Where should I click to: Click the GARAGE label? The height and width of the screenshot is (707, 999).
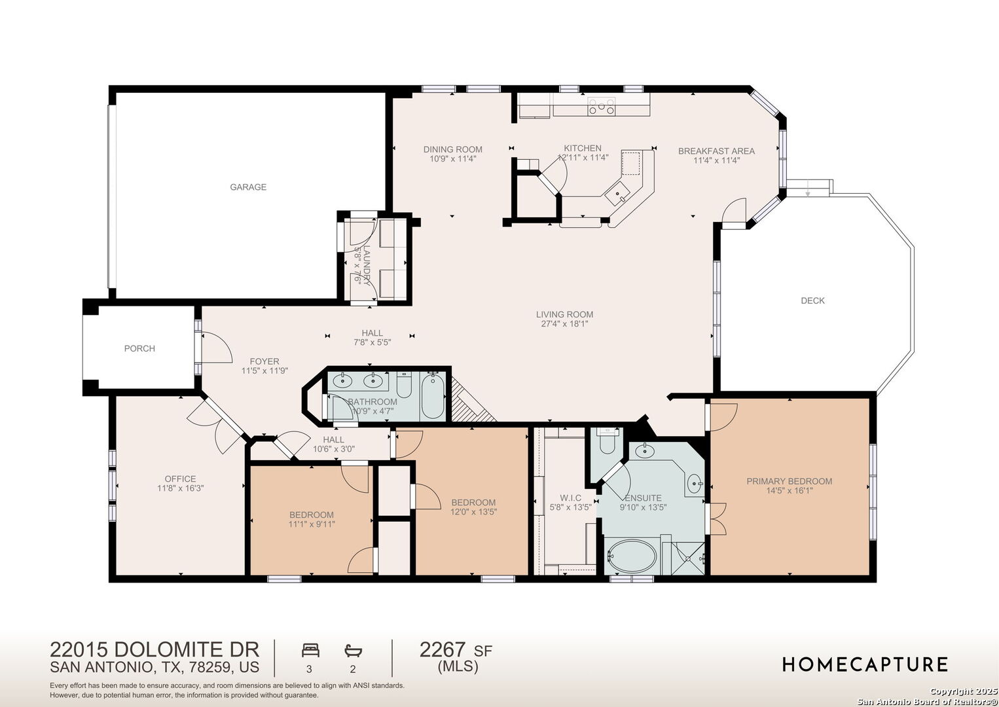[248, 187]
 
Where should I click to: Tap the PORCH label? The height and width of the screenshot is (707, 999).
[139, 348]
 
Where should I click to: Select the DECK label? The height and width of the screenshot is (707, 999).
[812, 300]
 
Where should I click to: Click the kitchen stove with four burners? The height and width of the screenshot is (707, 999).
[602, 106]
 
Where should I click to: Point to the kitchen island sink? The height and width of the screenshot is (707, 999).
[618, 194]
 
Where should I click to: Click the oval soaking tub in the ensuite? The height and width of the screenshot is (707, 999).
[632, 556]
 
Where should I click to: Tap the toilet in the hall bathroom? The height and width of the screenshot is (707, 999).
[404, 384]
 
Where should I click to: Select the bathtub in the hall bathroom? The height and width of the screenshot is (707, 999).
[433, 395]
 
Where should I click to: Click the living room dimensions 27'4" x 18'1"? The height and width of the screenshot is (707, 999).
[564, 324]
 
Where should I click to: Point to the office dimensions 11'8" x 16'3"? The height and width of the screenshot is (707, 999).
[180, 488]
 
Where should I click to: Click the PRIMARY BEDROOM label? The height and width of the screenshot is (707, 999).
[790, 481]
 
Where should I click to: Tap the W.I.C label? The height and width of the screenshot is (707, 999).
[570, 498]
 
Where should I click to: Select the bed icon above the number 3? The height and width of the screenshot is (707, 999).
[310, 650]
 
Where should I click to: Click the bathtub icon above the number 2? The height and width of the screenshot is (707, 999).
[354, 651]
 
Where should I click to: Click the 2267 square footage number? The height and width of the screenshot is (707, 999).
[443, 650]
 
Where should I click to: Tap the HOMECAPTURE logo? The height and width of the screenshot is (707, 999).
[865, 664]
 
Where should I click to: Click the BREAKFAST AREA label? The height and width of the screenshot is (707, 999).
[716, 151]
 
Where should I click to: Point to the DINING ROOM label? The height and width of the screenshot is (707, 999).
[452, 149]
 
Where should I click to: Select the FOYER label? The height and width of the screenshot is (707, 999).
[264, 361]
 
